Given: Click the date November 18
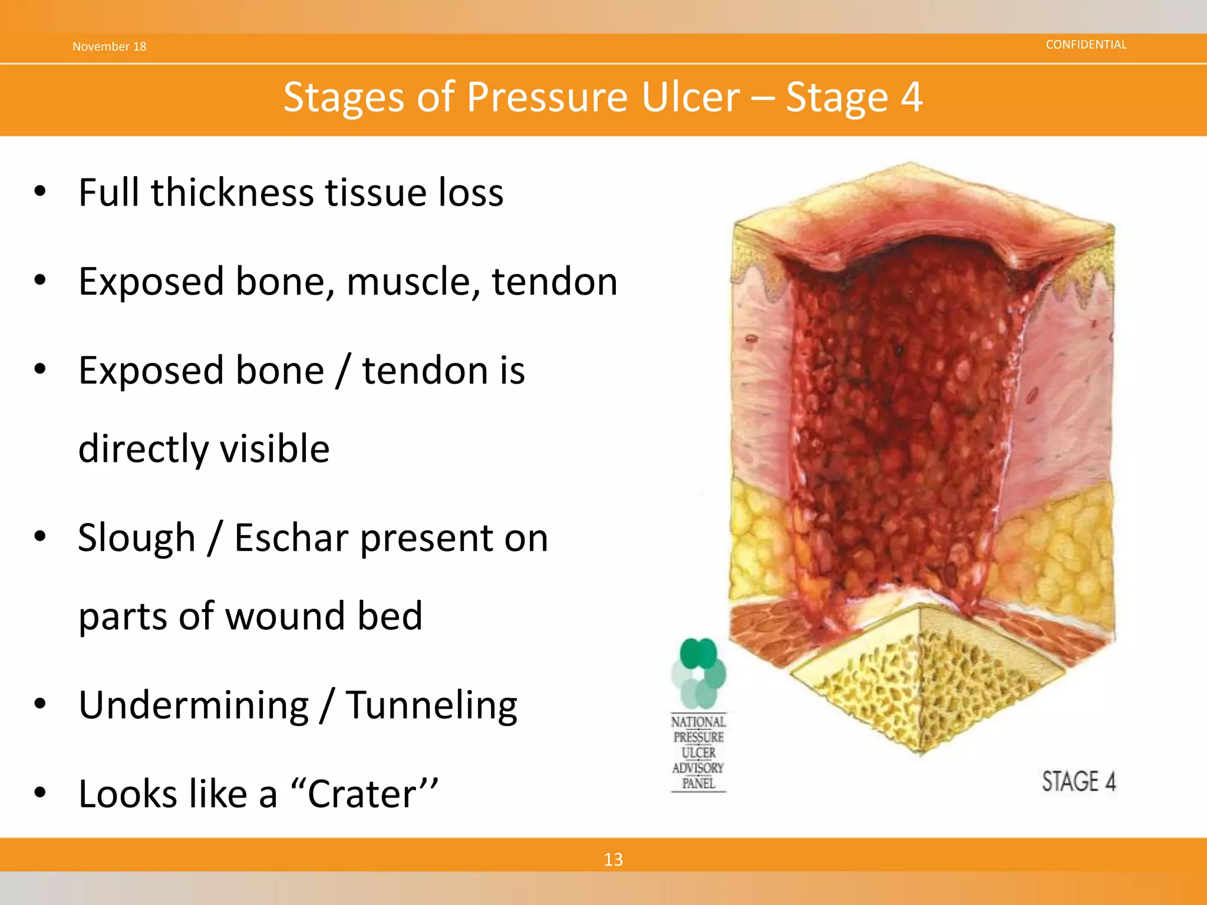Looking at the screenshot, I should coord(109,47).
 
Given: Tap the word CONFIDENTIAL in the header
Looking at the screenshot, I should coord(1086,45).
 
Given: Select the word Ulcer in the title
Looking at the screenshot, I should coord(690,97).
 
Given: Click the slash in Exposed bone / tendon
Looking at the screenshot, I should coord(343,371).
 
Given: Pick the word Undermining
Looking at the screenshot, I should coord(193,705).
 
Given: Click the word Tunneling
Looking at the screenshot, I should coord(431,705).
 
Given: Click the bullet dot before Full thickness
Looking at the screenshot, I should coord(39,191).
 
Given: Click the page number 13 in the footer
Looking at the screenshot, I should coord(613,859).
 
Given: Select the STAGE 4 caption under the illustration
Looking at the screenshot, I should coord(1078,782).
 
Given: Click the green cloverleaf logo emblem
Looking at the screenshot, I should coord(698,673).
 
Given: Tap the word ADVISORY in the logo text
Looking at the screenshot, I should coord(698,768).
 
